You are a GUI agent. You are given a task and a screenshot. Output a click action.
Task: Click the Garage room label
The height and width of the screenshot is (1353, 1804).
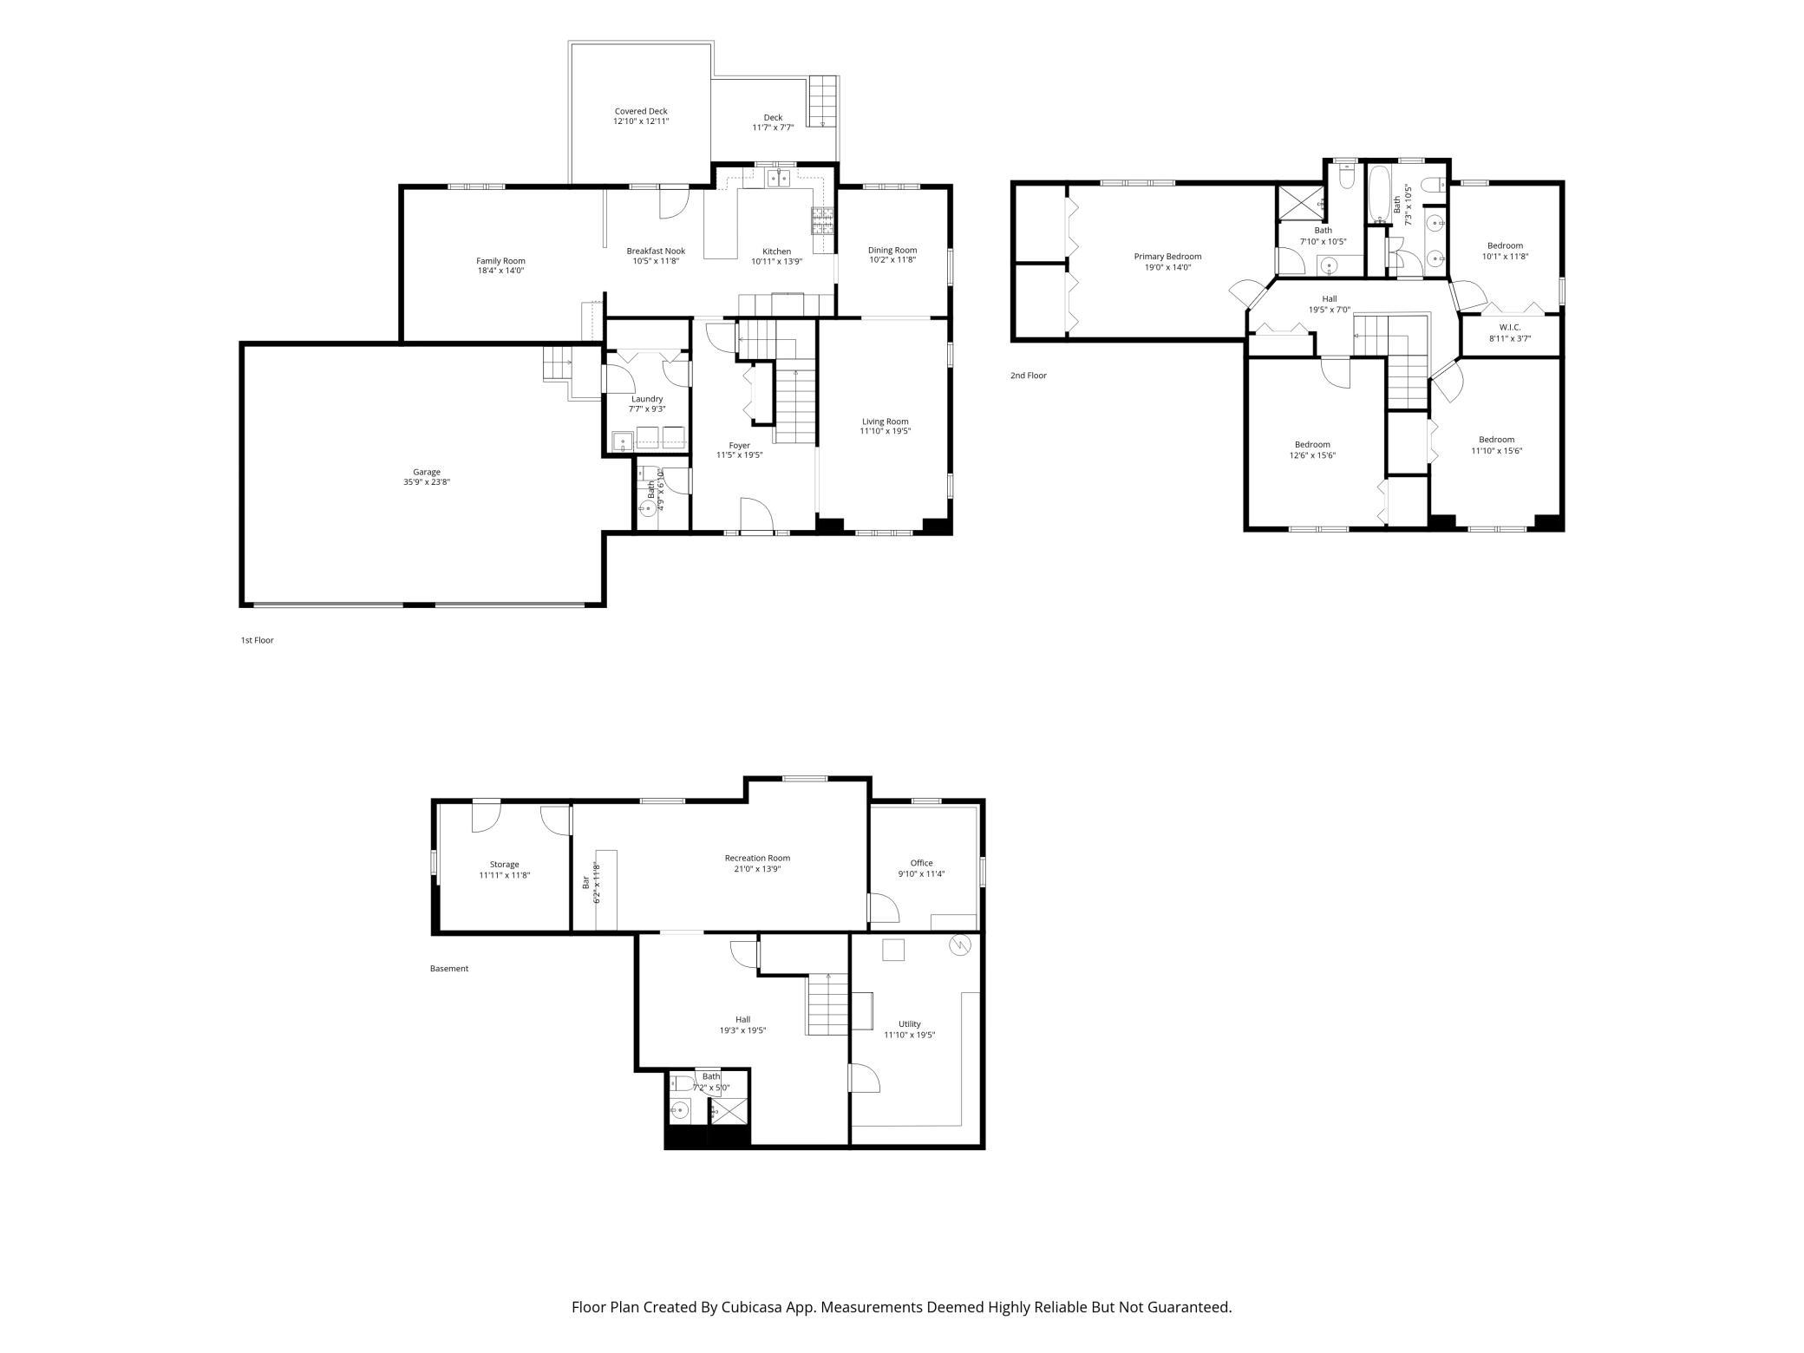(x=427, y=472)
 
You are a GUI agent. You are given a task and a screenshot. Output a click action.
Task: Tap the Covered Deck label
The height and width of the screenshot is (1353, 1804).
(x=641, y=111)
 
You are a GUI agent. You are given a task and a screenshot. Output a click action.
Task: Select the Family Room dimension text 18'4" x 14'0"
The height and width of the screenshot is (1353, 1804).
(x=500, y=271)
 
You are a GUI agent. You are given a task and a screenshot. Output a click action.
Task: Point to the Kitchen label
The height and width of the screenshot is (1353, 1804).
(x=776, y=252)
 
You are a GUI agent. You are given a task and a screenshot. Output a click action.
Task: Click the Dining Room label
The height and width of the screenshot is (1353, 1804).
(x=892, y=250)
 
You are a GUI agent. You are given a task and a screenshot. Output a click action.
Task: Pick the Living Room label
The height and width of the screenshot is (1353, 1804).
(x=886, y=422)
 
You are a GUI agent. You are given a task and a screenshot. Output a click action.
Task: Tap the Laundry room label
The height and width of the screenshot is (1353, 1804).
(x=647, y=399)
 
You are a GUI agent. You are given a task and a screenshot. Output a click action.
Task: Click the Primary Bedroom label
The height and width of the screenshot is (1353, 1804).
(x=1167, y=256)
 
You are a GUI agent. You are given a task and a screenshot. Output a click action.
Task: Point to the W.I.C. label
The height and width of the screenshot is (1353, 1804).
(x=1510, y=327)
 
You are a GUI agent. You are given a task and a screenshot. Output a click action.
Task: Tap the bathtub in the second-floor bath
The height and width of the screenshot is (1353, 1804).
(x=1378, y=195)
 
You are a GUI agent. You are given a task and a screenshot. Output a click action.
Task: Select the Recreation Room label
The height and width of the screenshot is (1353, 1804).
(x=757, y=858)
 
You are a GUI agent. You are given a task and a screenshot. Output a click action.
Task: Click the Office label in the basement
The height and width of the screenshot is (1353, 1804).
(x=921, y=863)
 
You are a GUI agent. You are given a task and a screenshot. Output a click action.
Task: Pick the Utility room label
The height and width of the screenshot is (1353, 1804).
(x=909, y=1023)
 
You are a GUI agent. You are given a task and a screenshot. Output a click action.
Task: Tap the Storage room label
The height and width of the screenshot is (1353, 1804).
(x=504, y=864)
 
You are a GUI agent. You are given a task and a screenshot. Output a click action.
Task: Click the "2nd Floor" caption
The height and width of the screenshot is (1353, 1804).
(x=1028, y=376)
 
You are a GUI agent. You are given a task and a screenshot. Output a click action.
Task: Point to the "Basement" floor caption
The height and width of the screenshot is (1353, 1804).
(x=448, y=968)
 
